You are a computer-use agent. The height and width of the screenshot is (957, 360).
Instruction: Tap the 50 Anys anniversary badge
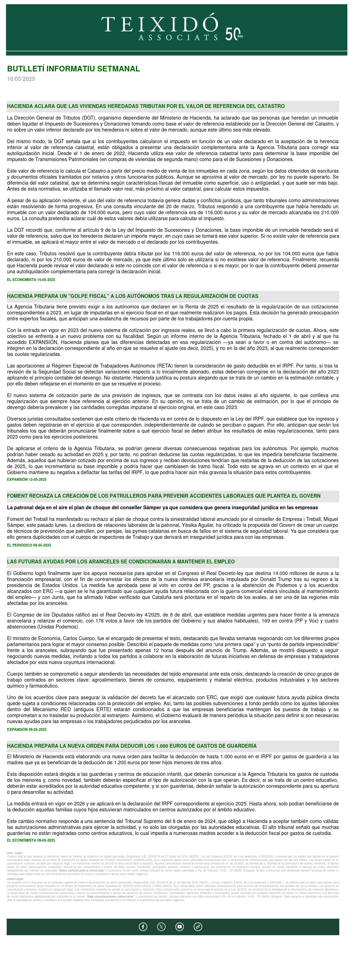(234, 34)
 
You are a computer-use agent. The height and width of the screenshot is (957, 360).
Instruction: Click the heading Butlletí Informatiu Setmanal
(73, 69)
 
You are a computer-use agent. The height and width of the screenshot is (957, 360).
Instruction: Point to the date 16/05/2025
(21, 79)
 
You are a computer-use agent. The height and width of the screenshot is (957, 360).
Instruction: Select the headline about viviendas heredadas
(146, 106)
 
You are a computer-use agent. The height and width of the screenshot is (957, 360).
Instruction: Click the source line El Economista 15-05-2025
(31, 280)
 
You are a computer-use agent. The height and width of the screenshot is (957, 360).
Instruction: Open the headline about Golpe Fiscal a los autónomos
(132, 296)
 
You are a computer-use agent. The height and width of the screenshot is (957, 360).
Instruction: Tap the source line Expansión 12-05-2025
(27, 480)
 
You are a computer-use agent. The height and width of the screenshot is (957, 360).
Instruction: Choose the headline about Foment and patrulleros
(163, 496)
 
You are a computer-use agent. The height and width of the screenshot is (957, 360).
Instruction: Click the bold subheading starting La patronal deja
(162, 508)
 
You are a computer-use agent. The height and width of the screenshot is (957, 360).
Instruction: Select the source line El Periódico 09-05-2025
(29, 546)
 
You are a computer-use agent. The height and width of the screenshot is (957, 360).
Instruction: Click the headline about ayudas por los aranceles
(121, 562)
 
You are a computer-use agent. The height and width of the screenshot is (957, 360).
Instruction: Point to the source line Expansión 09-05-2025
(27, 730)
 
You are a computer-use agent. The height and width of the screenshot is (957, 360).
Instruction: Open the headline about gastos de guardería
(131, 746)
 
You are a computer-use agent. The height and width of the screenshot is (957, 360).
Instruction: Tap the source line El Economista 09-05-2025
(31, 840)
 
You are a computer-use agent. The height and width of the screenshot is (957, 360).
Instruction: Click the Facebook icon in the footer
(143, 926)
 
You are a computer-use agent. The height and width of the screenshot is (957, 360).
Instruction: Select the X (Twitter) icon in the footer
(161, 926)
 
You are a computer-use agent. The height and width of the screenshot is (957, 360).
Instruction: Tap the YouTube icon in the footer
(180, 926)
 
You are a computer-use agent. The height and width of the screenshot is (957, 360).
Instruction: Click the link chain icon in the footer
(198, 926)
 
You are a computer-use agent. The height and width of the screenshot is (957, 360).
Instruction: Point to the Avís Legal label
(15, 853)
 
